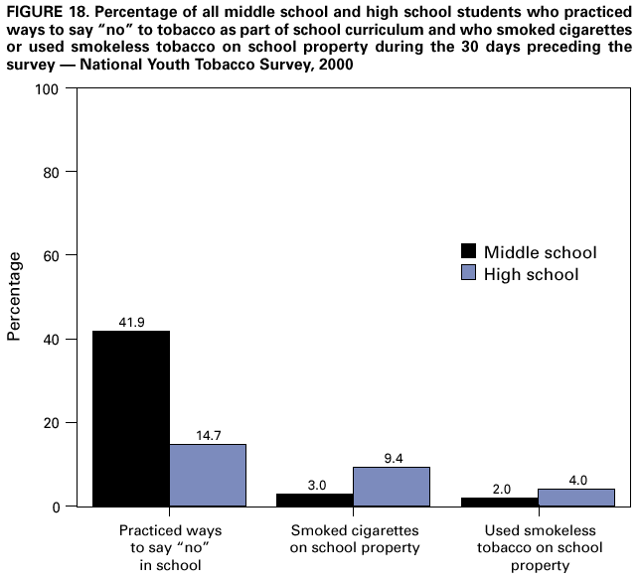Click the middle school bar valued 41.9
tap(131, 418)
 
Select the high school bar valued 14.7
tap(208, 475)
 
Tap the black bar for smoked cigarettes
tap(315, 500)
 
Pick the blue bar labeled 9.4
tap(392, 487)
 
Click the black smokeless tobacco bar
tap(499, 502)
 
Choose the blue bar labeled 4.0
tap(575, 498)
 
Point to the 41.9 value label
tap(131, 322)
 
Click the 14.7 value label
tap(208, 435)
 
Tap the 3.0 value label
tap(315, 485)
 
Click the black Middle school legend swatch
tap(467, 252)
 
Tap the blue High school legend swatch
tap(467, 273)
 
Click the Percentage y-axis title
tap(15, 296)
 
